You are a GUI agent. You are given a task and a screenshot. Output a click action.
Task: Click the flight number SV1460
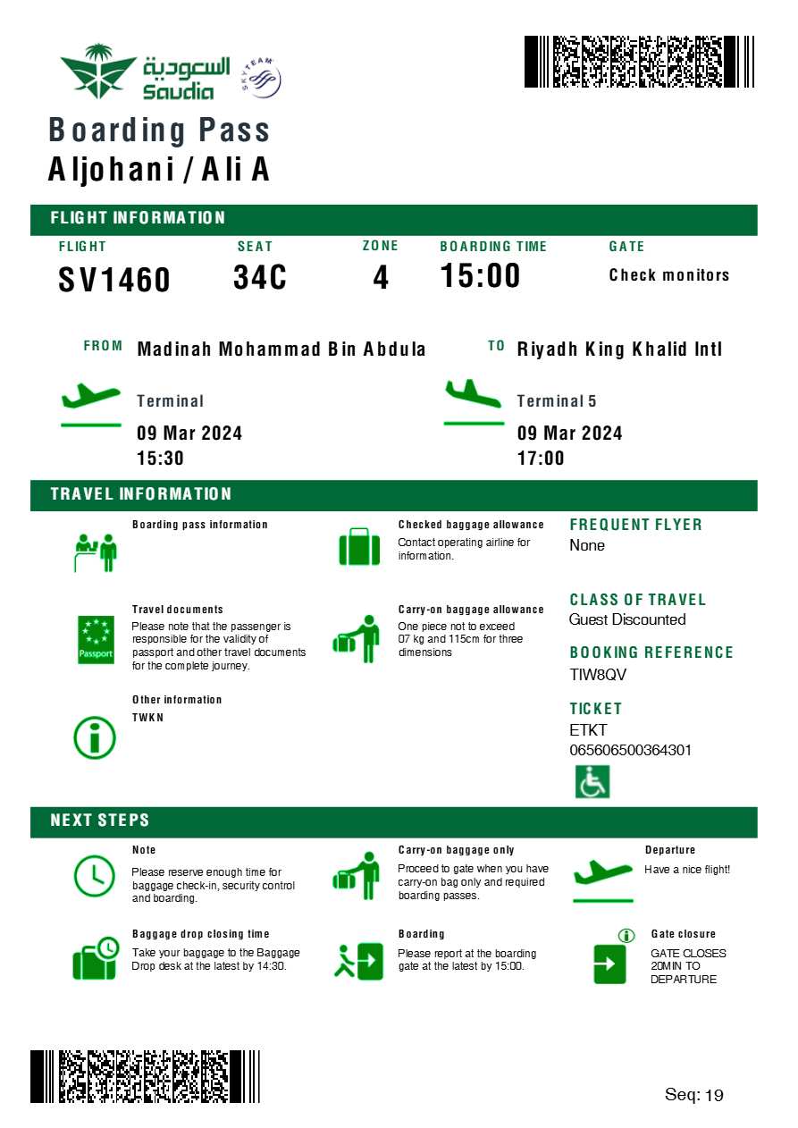[114, 280]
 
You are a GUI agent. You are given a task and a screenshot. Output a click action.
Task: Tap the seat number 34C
[260, 278]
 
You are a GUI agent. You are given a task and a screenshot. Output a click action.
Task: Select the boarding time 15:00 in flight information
[480, 276]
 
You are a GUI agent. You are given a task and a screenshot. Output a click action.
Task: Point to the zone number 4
[381, 278]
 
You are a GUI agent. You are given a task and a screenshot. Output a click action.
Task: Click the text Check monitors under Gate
[669, 275]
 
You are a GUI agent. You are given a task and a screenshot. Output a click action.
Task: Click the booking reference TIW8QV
[598, 675]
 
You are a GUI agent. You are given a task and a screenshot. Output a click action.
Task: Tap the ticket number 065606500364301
[630, 750]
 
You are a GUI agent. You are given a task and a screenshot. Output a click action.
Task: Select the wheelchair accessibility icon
[592, 782]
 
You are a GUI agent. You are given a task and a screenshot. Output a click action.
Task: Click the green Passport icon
[96, 639]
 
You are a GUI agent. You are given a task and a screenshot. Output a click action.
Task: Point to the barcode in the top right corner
[638, 62]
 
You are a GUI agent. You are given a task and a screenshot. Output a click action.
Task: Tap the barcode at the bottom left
[145, 1076]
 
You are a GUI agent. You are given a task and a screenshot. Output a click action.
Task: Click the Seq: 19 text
[693, 1095]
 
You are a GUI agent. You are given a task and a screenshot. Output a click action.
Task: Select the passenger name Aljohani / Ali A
[159, 169]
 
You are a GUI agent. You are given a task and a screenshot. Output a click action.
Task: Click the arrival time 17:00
[541, 459]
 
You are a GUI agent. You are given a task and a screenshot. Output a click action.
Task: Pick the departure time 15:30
[160, 459]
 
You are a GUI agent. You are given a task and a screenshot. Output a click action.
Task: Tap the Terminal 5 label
[556, 401]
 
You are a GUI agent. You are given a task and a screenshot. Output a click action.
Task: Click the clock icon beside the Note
[94, 876]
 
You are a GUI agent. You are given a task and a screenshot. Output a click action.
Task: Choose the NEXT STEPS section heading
[100, 821]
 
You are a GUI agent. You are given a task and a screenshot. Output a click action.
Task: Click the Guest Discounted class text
[627, 619]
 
